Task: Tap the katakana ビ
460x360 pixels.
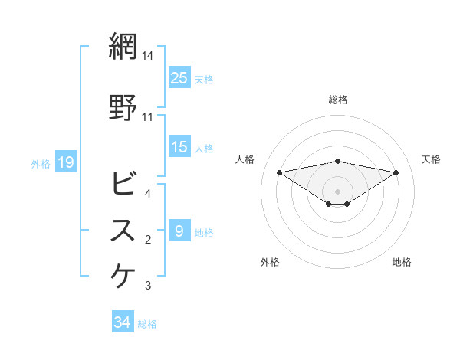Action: (124, 184)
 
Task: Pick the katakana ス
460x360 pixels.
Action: (124, 231)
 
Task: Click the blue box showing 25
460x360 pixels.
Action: (179, 78)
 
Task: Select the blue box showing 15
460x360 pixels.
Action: (179, 148)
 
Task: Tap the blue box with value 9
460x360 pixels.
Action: (179, 231)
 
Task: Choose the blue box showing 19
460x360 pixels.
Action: (65, 162)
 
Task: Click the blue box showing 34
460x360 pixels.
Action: (123, 323)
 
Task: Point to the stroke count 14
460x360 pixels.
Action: (148, 56)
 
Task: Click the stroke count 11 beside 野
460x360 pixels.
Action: (148, 117)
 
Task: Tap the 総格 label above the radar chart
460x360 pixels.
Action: (337, 100)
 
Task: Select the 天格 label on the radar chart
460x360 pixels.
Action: (432, 159)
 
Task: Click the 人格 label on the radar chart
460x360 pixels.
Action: (245, 159)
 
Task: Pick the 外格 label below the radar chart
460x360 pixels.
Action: (270, 262)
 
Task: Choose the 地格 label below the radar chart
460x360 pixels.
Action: (402, 262)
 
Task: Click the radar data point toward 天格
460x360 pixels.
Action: (396, 172)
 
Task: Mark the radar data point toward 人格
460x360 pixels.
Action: (279, 172)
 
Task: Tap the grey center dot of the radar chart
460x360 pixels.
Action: (337, 191)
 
